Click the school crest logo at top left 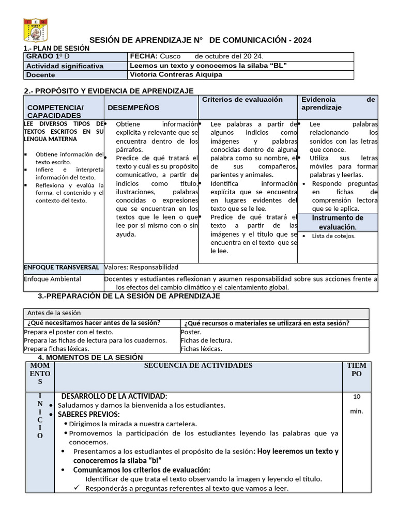click(x=36, y=30)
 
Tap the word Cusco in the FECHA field click(x=171, y=56)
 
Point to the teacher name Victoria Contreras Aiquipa click(x=176, y=74)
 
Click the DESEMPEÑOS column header click(x=133, y=107)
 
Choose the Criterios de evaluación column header click(x=242, y=99)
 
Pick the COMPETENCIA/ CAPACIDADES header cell click(x=55, y=111)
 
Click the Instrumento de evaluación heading click(x=338, y=222)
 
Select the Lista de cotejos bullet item click(x=333, y=236)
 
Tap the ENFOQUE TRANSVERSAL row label click(x=62, y=268)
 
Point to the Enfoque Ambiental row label click(x=53, y=279)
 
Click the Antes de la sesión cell click(x=54, y=313)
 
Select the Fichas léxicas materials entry click(x=201, y=349)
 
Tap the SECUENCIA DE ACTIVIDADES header click(x=198, y=366)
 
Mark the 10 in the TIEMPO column click(x=357, y=397)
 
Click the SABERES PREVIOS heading click(x=88, y=414)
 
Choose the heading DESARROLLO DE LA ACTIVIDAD click(x=114, y=396)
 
